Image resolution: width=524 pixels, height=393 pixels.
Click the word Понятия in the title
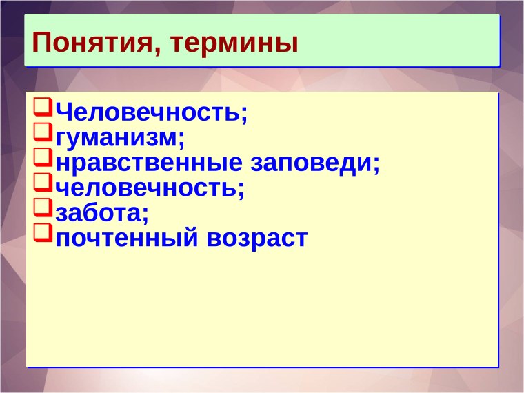point(92,43)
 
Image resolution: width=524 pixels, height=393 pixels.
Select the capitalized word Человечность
point(148,111)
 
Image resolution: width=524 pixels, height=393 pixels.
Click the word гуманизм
point(118,137)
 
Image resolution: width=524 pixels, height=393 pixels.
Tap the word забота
point(99,213)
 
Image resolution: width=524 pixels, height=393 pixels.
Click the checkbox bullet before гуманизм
point(42,133)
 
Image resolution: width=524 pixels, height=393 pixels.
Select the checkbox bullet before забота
point(42,210)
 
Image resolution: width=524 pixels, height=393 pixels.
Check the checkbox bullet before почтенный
point(42,235)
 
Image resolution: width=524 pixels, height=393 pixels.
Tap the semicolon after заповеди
point(376,166)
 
